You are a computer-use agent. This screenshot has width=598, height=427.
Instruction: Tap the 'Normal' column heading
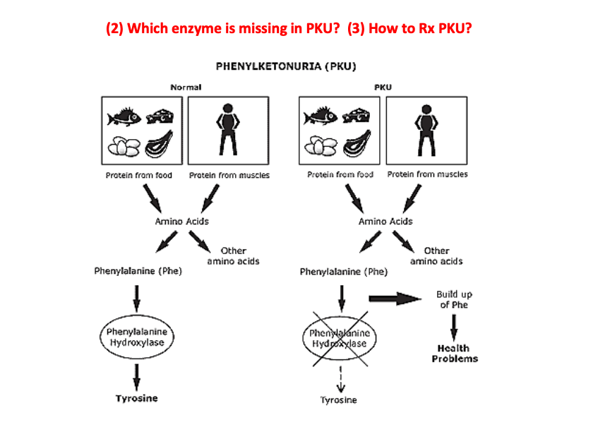(186, 87)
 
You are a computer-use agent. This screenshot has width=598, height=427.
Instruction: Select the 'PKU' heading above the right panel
(382, 87)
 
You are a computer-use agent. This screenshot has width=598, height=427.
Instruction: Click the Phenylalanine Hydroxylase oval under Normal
(136, 337)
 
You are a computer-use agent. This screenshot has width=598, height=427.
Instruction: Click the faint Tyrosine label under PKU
(339, 400)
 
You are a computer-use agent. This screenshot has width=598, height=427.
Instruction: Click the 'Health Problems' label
(454, 354)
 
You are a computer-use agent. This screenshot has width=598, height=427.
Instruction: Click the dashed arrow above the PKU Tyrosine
(341, 378)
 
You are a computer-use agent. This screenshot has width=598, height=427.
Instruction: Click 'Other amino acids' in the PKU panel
(436, 255)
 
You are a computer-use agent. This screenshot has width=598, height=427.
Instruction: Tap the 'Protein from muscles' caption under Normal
(229, 175)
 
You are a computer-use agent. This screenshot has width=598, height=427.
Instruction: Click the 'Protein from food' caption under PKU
(340, 174)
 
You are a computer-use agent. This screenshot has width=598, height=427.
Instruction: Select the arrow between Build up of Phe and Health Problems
(453, 326)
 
